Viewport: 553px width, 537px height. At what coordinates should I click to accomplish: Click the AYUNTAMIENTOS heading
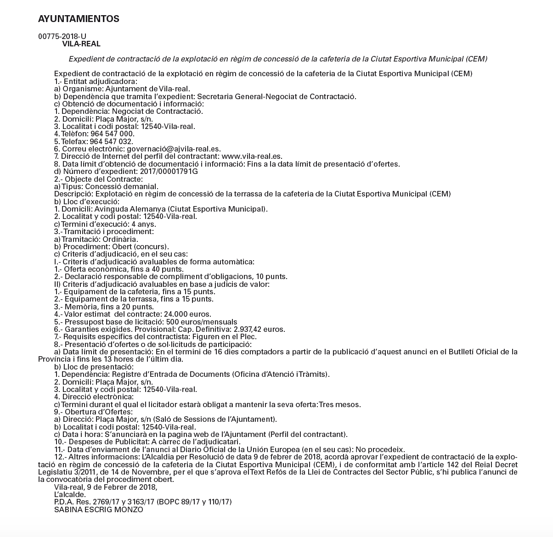(79, 19)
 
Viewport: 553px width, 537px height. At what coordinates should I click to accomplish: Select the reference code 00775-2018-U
(62, 37)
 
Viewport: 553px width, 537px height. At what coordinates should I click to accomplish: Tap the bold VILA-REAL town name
(81, 44)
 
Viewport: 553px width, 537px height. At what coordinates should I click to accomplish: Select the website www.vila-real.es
(255, 157)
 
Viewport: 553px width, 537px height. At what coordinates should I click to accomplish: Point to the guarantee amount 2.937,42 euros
(260, 329)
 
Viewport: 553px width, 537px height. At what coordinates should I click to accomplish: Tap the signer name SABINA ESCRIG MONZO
(99, 509)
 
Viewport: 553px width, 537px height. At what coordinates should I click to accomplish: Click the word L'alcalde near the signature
(70, 494)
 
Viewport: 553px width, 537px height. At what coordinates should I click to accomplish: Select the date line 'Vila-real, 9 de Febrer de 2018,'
(106, 487)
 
